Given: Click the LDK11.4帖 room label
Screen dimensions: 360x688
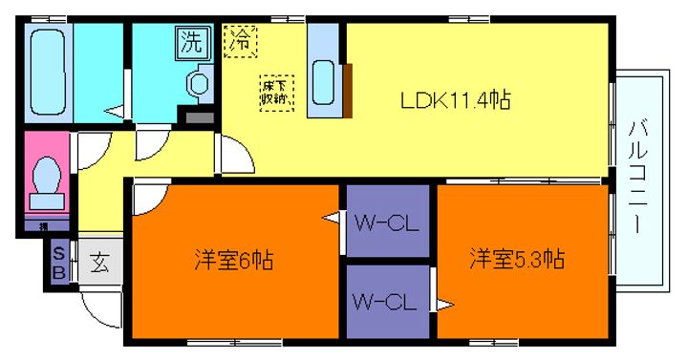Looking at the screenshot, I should [454, 100].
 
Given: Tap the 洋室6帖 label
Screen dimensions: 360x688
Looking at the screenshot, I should [234, 259].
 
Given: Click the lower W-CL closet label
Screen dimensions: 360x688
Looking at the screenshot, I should [384, 304].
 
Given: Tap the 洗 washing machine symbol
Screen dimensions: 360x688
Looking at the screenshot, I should [191, 41].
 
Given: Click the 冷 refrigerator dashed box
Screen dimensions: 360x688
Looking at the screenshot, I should [241, 41].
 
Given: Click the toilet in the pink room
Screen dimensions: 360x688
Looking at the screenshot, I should [46, 179].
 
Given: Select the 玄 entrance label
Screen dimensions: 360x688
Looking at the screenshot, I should [99, 262].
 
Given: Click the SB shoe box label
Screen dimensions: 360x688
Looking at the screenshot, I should [59, 261].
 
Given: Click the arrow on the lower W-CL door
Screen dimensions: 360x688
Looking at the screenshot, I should [444, 306].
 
